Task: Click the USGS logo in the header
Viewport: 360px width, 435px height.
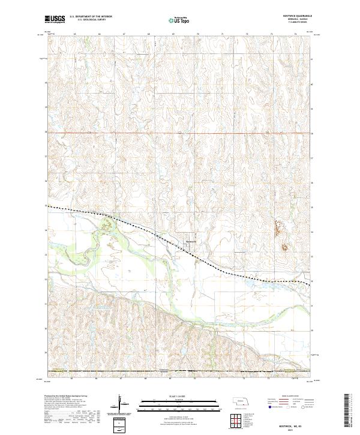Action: click(x=55, y=20)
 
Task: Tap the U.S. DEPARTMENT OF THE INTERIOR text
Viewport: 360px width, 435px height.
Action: click(x=89, y=17)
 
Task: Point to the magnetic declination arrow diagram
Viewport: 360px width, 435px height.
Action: click(x=121, y=404)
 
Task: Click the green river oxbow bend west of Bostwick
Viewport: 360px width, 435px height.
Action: click(x=107, y=225)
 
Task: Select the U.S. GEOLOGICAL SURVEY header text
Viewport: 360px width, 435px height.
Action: click(x=89, y=21)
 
